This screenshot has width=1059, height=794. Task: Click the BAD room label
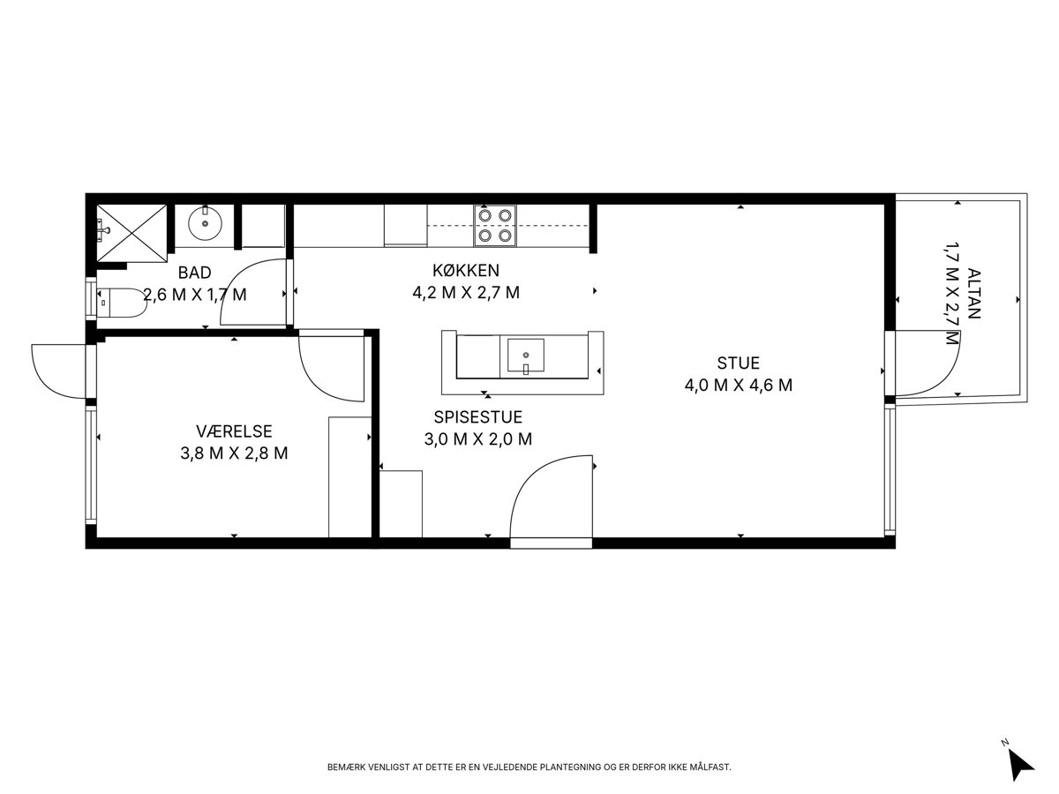(194, 273)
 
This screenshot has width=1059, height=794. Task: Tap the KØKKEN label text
(466, 270)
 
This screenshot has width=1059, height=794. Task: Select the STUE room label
(738, 363)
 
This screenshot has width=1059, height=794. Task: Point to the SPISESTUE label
(477, 416)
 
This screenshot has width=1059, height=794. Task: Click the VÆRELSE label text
(234, 431)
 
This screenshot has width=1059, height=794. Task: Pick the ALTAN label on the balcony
(974, 294)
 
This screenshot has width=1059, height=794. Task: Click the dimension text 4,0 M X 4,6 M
(738, 386)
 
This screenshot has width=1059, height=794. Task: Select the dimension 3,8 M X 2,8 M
(234, 453)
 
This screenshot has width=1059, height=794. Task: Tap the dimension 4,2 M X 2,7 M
(466, 293)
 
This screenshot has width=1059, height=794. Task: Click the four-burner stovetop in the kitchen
(495, 226)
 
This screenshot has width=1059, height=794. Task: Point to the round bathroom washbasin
(205, 223)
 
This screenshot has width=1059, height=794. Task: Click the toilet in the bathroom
(122, 303)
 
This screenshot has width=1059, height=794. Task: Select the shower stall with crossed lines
(131, 233)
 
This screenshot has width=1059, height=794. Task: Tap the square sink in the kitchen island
(525, 356)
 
